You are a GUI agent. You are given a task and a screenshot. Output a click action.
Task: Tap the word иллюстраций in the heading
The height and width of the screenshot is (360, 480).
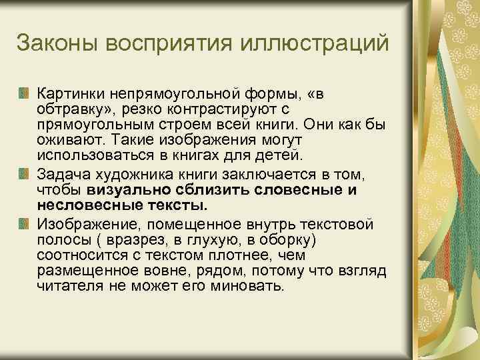[x=327, y=43]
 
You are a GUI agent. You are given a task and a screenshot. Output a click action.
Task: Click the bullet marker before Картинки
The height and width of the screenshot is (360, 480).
[x=25, y=91]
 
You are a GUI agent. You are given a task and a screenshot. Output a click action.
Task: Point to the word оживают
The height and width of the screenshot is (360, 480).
[x=64, y=141]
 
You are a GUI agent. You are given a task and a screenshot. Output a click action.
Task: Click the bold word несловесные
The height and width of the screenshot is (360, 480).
[x=73, y=205]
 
